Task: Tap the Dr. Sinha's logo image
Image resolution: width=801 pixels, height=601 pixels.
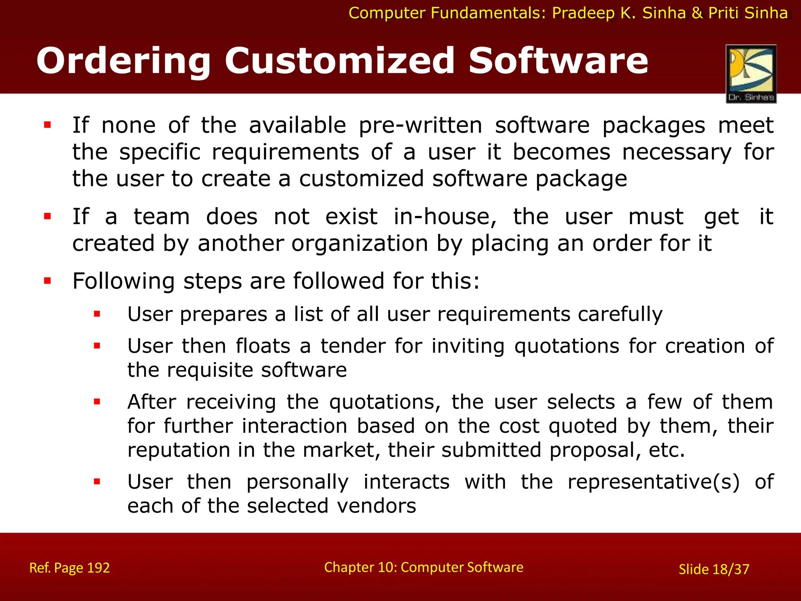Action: point(751,74)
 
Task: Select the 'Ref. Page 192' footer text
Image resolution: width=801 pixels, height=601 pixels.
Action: point(70,568)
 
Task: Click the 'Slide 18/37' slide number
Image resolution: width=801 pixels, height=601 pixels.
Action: point(714,569)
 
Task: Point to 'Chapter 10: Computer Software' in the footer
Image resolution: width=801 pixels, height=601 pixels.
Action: point(424,567)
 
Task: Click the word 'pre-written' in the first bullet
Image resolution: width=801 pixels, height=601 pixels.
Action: point(420,126)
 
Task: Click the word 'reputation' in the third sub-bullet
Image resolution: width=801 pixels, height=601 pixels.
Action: point(178,450)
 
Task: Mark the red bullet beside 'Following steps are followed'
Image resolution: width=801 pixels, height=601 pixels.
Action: point(48,281)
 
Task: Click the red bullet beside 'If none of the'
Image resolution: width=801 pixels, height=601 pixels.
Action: point(48,125)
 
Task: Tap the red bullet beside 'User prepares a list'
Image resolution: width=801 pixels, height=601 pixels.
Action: point(97,314)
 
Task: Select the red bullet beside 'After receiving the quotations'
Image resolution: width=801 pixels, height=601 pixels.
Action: point(97,401)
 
